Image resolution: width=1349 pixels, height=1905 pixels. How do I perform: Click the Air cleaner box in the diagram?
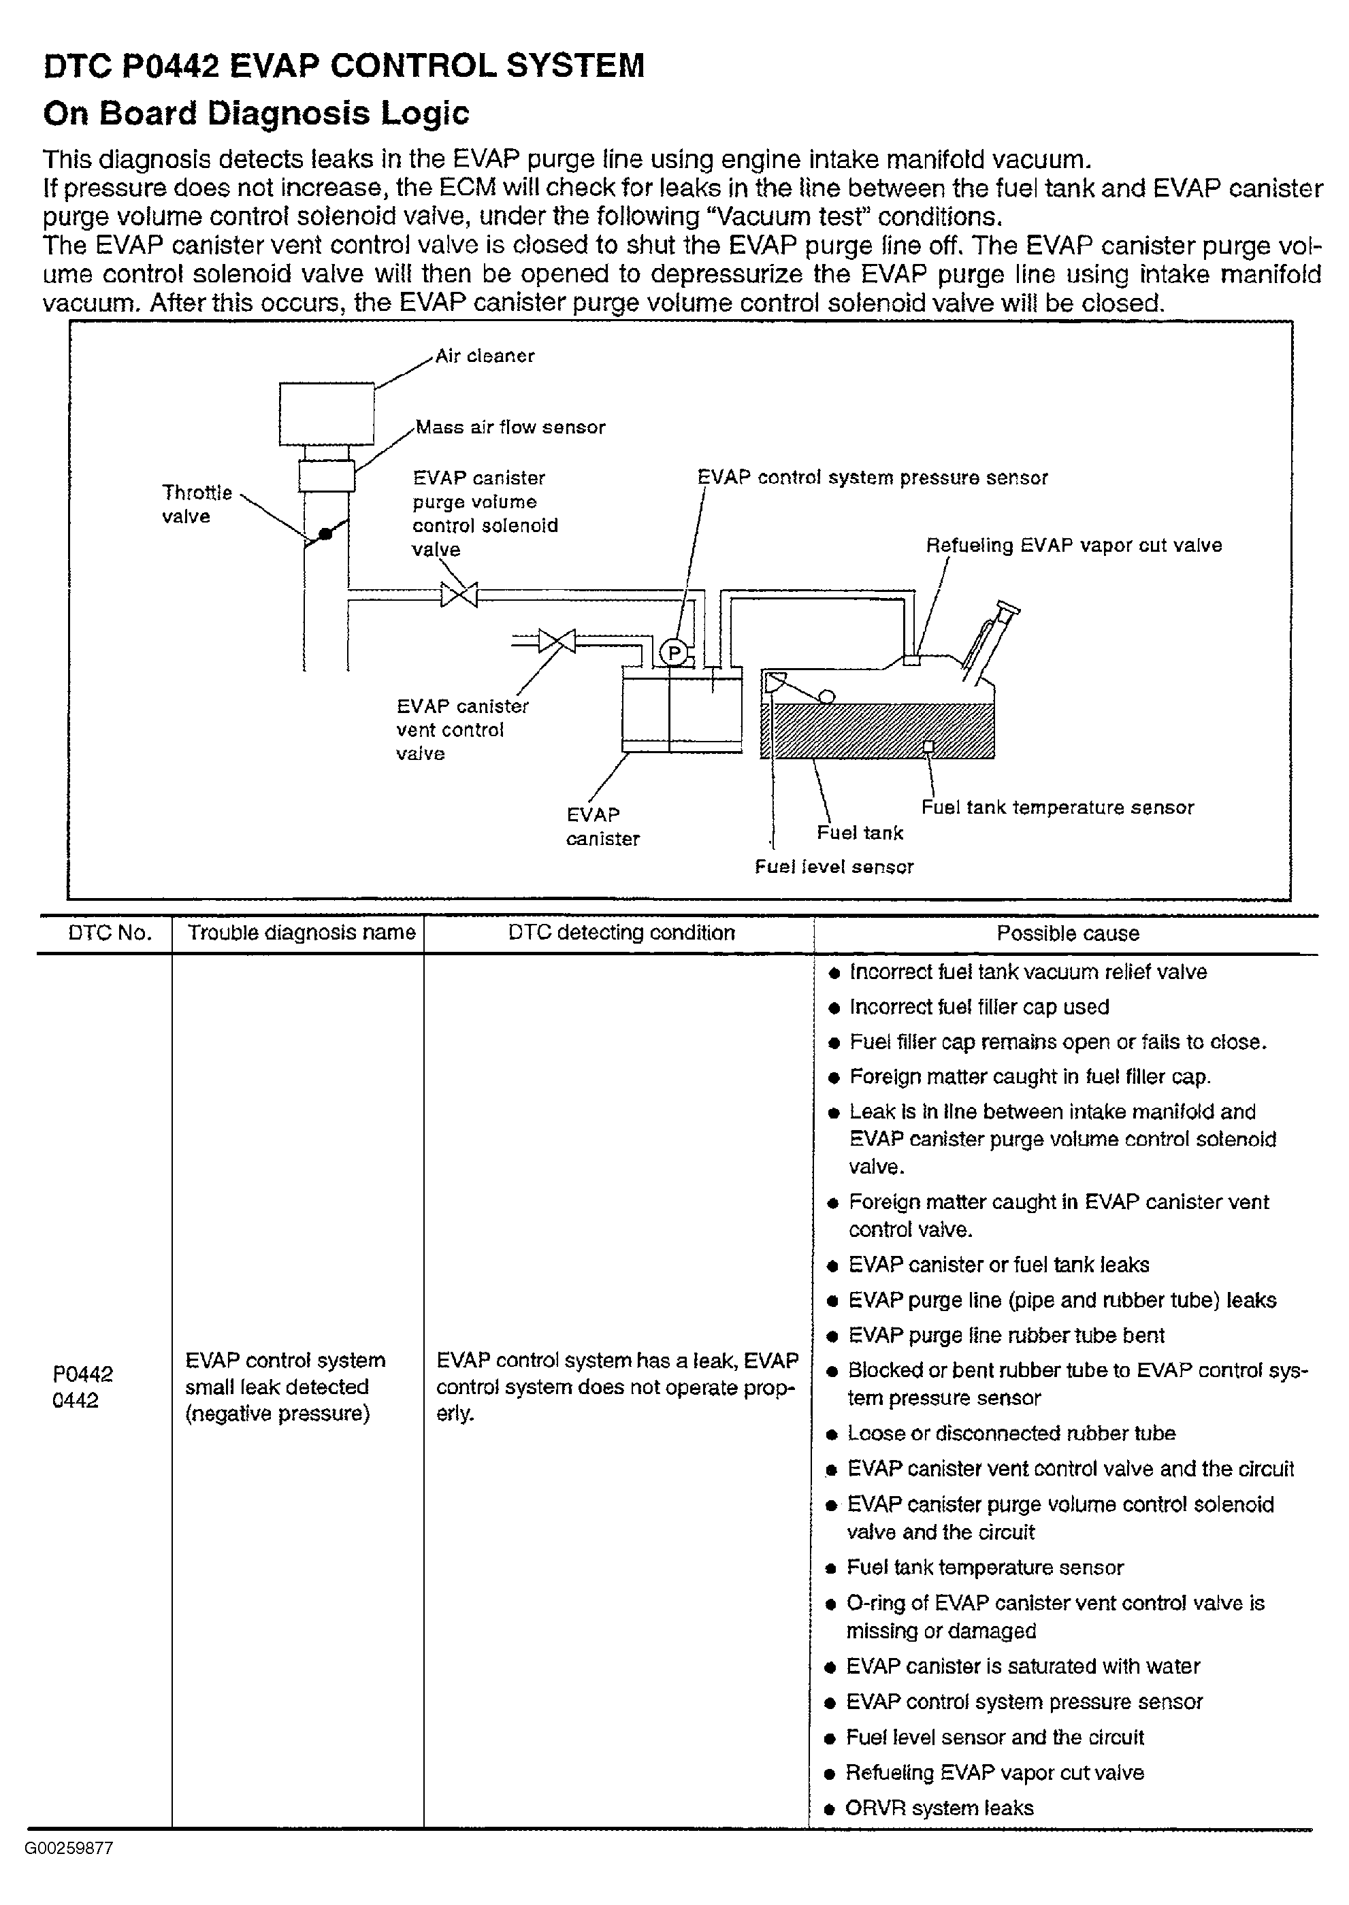tap(327, 414)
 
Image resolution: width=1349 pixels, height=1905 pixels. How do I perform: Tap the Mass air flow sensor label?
tap(510, 427)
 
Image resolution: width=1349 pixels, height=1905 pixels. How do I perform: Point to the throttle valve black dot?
tap(325, 534)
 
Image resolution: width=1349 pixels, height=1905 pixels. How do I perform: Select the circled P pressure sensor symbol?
tap(673, 654)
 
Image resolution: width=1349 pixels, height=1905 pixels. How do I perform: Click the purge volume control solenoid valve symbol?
tap(459, 595)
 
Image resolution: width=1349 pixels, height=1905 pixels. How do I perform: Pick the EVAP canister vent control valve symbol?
tap(557, 640)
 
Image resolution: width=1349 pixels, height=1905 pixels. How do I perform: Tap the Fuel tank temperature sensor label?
tap(1056, 807)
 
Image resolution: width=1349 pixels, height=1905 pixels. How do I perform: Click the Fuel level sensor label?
tap(833, 867)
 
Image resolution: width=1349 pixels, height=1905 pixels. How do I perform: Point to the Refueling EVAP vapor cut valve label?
tap(1073, 546)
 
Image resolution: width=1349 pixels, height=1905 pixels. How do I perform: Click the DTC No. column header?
tap(110, 933)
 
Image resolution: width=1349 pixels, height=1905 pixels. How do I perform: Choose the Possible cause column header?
tap(1067, 933)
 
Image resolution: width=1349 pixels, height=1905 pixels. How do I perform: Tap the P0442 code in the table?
tap(82, 1374)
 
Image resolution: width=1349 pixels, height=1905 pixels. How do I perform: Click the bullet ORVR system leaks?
tap(939, 1808)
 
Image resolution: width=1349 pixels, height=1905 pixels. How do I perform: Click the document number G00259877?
tap(69, 1848)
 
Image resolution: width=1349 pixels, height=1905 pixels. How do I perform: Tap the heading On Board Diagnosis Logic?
tap(256, 113)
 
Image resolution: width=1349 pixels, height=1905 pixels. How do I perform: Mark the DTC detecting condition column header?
tap(621, 933)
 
